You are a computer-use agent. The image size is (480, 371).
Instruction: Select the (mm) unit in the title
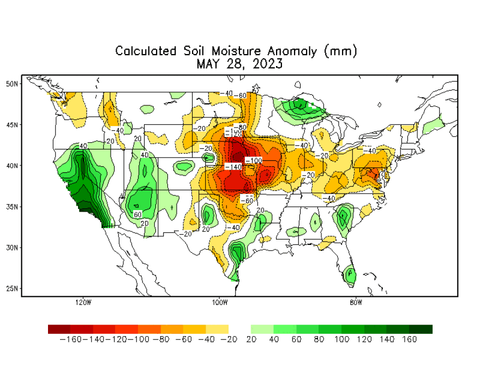[x=341, y=51]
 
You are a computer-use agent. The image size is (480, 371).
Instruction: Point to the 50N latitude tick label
[x=12, y=83]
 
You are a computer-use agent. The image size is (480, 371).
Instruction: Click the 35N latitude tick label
[x=12, y=206]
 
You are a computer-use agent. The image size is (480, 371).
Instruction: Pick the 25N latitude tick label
[x=12, y=288]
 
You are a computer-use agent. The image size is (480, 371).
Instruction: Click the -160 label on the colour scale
[x=70, y=339]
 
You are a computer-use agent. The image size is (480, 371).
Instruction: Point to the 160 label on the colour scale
[x=409, y=339]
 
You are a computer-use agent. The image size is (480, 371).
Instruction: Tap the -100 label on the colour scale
[x=138, y=339]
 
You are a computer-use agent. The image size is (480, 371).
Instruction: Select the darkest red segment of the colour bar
[x=59, y=329]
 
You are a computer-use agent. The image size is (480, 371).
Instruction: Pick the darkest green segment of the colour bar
[x=421, y=329]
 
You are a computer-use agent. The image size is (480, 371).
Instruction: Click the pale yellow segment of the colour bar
[x=217, y=329]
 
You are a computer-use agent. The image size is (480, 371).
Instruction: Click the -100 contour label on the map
[x=254, y=160]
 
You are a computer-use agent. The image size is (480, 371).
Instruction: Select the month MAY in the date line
[x=208, y=64]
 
